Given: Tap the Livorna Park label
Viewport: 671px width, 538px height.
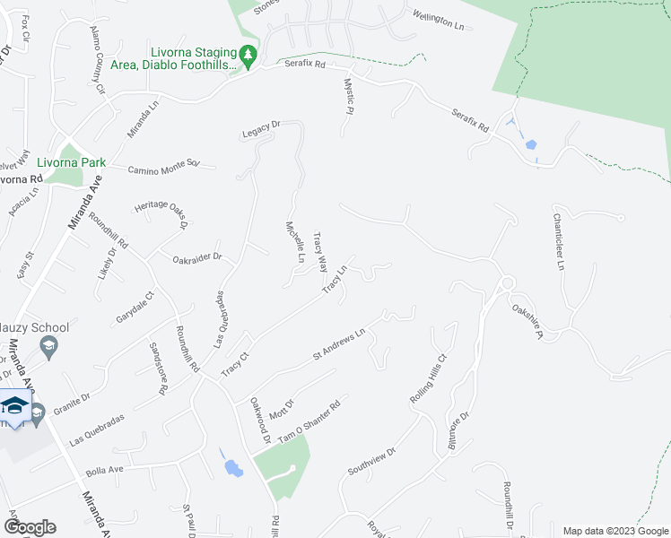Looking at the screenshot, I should [72, 163].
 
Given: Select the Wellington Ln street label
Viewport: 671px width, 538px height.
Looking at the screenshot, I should [439, 21].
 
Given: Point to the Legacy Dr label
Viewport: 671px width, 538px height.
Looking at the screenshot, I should [261, 134].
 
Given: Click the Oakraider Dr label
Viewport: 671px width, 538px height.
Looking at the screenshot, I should [196, 258].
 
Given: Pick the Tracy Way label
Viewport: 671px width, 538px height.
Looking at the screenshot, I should [319, 253].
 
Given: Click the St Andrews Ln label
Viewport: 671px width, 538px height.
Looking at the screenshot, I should [338, 344].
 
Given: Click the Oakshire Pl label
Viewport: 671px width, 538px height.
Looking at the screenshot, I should [527, 322].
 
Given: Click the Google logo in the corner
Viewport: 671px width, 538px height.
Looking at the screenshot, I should [30, 526].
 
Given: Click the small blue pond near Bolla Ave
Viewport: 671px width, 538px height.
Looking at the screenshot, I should [233, 467].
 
